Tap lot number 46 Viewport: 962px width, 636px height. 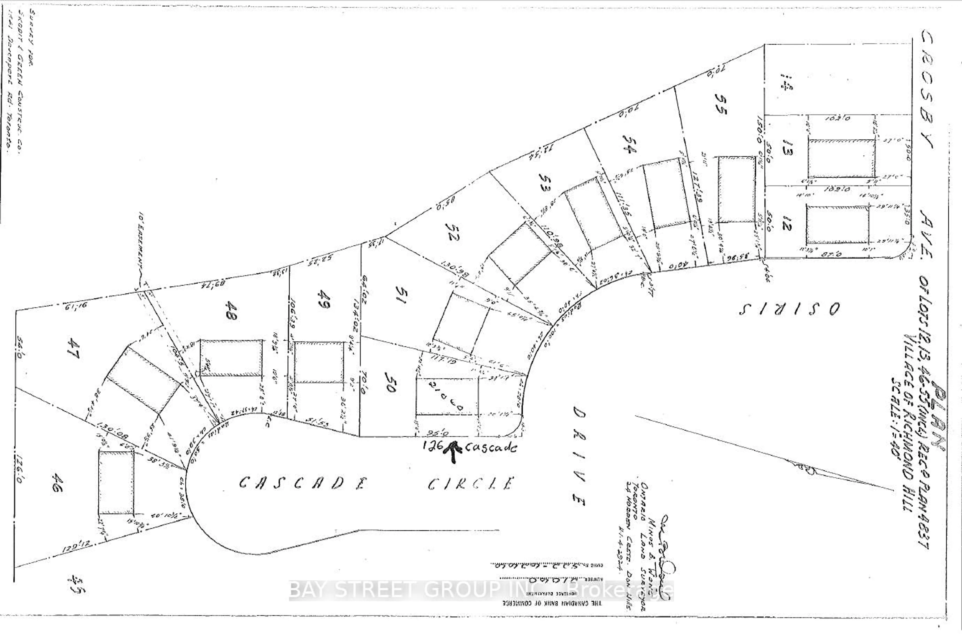click(x=57, y=484)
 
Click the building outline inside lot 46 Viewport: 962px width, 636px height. click(x=116, y=482)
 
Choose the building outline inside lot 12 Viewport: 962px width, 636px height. click(x=837, y=224)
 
